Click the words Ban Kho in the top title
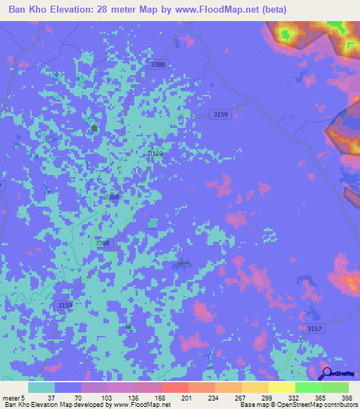pyautogui.click(x=28, y=11)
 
